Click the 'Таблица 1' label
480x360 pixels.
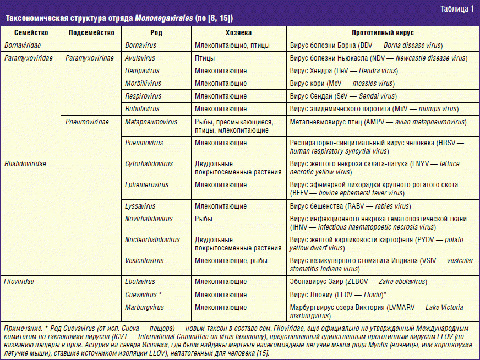(x=456, y=8)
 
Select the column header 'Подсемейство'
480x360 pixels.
(x=92, y=33)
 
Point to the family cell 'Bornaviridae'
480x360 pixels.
(x=23, y=45)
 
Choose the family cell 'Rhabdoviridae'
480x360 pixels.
(x=25, y=164)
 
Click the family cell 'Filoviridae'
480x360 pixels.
(x=19, y=281)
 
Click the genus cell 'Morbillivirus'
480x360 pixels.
(x=143, y=83)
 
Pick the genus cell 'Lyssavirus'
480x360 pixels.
(x=140, y=206)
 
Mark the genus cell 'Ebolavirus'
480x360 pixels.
(x=140, y=281)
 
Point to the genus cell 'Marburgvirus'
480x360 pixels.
(x=144, y=307)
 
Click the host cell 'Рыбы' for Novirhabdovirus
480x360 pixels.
(x=204, y=219)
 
